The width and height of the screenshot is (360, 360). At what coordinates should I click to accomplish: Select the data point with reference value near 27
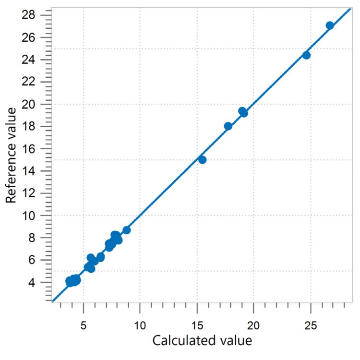[330, 26]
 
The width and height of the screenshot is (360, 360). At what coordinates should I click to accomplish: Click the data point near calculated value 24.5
[306, 55]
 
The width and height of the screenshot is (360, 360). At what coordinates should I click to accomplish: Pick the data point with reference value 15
[202, 160]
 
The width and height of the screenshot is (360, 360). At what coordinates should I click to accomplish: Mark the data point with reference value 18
[228, 126]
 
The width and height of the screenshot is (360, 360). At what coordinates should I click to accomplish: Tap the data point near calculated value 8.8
[127, 230]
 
